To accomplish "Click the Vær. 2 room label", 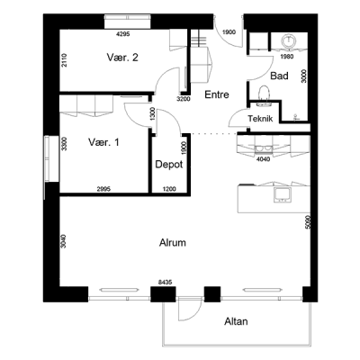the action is pos(122,58).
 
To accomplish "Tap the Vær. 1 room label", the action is pos(103,142).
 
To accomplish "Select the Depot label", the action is pos(169,165).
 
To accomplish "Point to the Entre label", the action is pos(217,94).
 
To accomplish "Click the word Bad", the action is pos(279,76).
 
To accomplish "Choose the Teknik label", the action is pos(260,119).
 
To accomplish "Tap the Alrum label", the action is pos(173,242).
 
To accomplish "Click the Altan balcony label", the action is pos(236,321).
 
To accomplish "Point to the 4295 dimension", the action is pos(122,34).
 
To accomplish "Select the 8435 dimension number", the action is pos(165,283).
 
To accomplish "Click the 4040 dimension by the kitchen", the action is pos(263,159).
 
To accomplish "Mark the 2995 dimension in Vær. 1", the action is pos(103,189).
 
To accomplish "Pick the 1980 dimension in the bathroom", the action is pos(286,57).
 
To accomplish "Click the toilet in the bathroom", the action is pos(265,95).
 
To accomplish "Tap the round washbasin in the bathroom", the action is pos(289,41).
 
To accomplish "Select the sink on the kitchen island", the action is pos(282,194).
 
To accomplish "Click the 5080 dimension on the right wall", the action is pos(306,222).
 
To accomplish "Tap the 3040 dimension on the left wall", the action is pos(63,241).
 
